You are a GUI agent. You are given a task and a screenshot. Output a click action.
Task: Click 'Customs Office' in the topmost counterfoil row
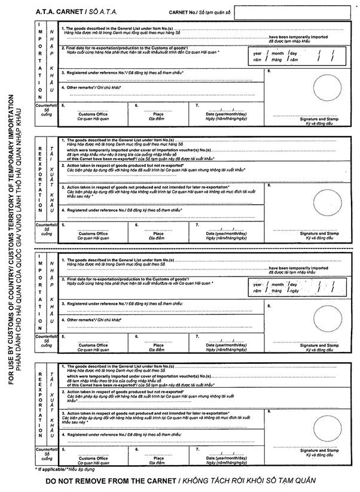[x=93, y=114]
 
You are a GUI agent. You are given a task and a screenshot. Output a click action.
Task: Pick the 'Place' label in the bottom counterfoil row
[x=158, y=458]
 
